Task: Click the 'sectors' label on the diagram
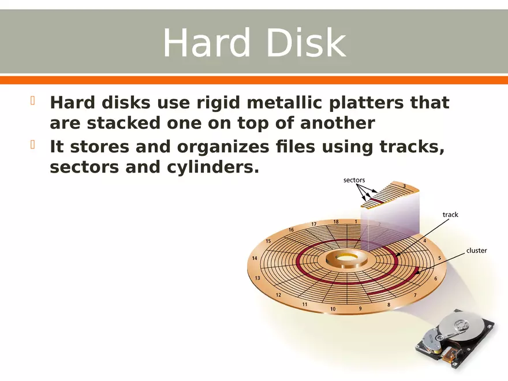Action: [x=354, y=180]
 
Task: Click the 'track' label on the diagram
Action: [x=450, y=215]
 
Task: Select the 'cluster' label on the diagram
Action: [x=476, y=251]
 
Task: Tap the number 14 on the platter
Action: [x=255, y=259]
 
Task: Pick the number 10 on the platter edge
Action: [x=333, y=309]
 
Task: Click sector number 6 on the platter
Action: [x=435, y=279]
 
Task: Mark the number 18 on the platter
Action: [x=336, y=222]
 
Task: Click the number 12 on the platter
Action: [x=278, y=295]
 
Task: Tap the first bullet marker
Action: [x=33, y=102]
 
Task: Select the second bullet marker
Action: [x=33, y=145]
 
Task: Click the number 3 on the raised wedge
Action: [x=404, y=186]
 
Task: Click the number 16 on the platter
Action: [x=291, y=230]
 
